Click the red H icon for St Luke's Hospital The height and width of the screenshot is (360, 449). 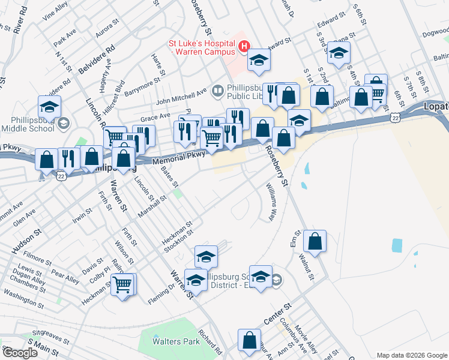point(244,46)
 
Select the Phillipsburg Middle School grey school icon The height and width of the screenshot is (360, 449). point(64,123)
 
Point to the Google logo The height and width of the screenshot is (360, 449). point(19,353)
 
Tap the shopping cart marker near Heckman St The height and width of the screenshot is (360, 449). point(123,285)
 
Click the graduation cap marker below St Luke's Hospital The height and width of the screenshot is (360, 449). point(259,60)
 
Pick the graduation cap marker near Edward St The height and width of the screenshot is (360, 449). point(339,53)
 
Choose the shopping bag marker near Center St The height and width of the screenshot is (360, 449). point(249,340)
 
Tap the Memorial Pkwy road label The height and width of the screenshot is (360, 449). point(179,158)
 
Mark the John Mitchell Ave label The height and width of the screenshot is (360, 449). point(181,95)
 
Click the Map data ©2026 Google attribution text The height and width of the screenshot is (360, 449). point(411,355)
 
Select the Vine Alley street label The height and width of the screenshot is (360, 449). point(56,15)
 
